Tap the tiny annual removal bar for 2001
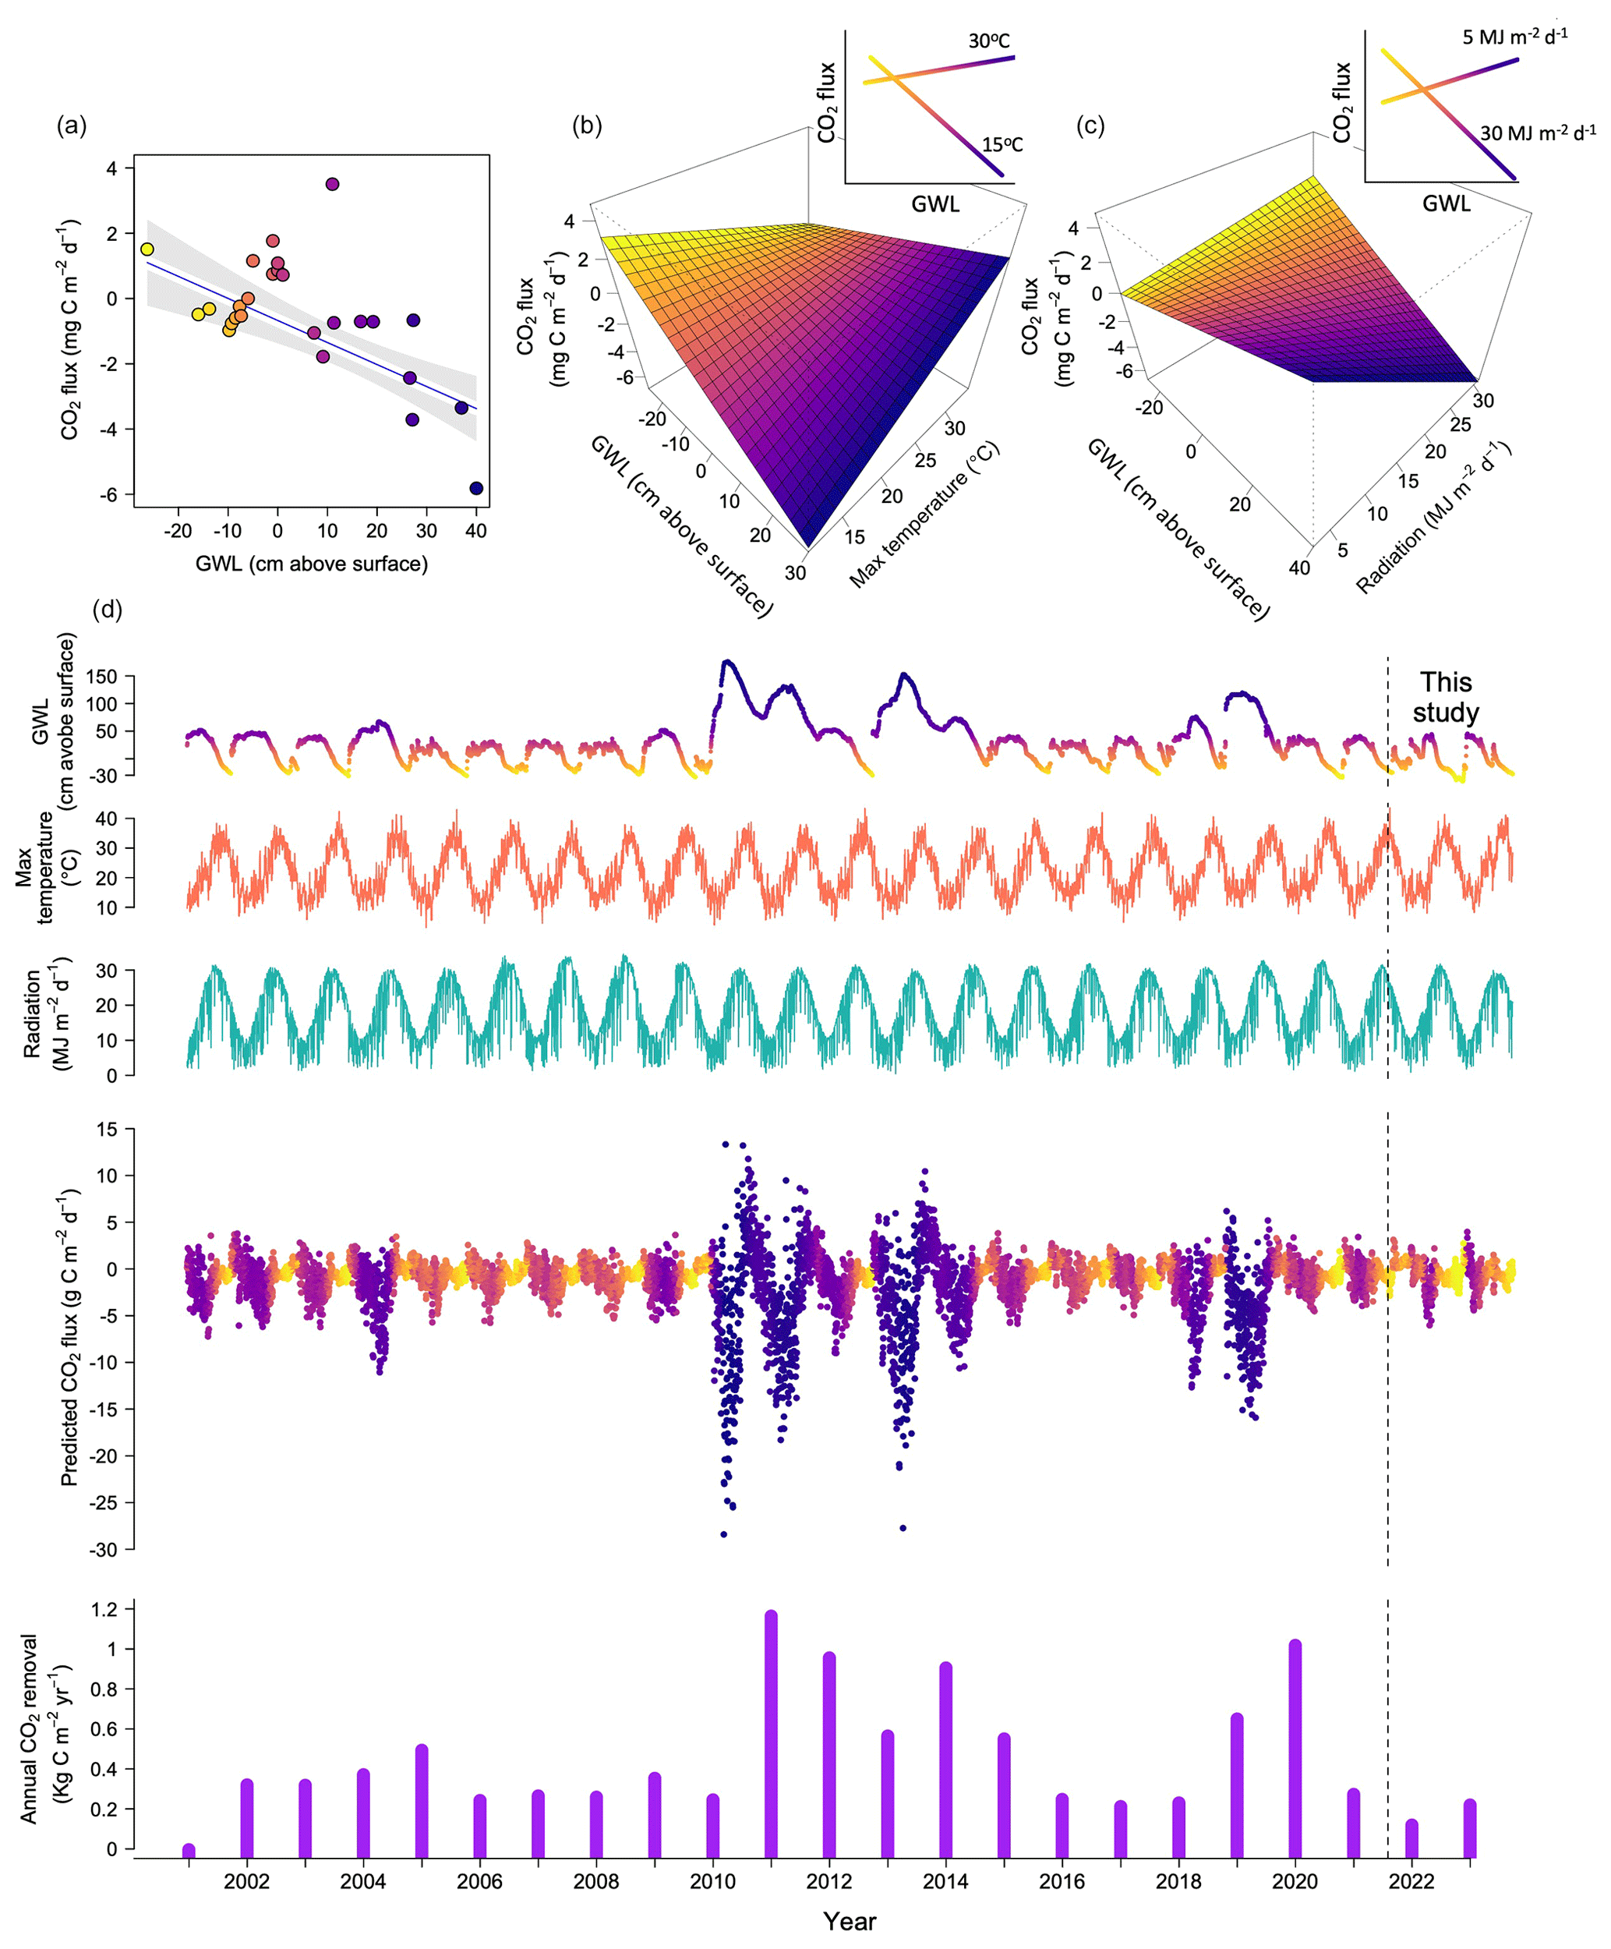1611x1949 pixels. [189, 1851]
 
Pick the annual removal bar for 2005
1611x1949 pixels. [422, 1801]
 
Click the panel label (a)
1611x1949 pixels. [72, 126]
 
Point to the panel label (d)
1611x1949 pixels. [108, 610]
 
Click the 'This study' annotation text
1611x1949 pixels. [1445, 697]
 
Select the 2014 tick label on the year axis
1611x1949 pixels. [945, 1881]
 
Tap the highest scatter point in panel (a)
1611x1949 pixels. [332, 184]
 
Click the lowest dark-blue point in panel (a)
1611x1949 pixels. [476, 488]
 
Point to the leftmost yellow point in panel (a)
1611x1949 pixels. [147, 249]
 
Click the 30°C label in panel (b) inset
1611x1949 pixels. [988, 41]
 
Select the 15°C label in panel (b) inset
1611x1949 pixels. [1002, 145]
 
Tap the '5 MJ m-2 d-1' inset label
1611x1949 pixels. [1514, 37]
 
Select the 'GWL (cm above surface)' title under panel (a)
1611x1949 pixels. [311, 564]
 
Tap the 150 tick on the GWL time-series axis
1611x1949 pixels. [101, 677]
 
